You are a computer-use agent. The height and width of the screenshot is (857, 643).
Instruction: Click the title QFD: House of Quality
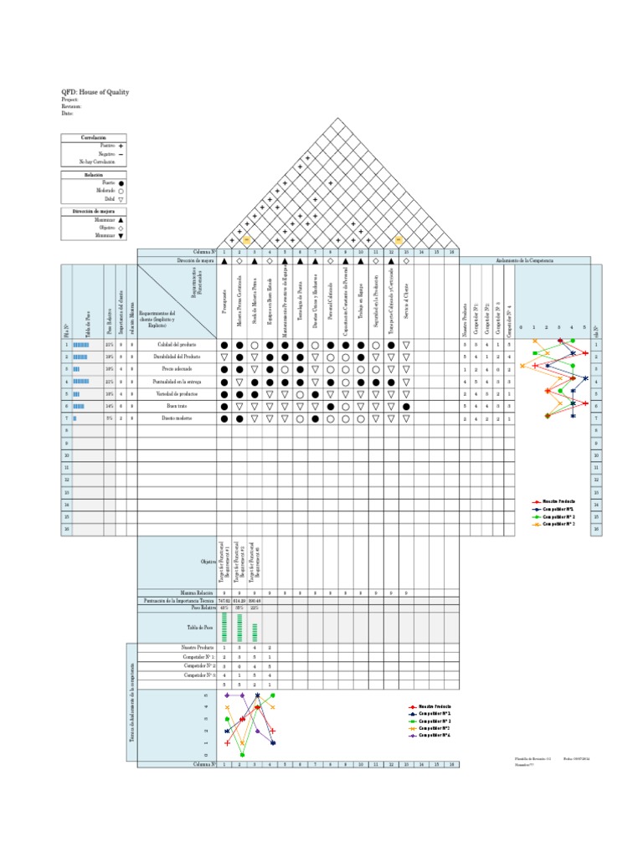tap(95, 92)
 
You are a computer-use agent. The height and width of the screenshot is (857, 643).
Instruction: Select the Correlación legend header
tap(94, 137)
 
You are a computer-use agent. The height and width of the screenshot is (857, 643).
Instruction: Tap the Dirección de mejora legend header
tap(94, 212)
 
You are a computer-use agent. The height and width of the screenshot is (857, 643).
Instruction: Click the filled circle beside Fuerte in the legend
tap(121, 182)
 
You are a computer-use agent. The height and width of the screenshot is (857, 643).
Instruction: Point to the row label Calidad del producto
tap(177, 345)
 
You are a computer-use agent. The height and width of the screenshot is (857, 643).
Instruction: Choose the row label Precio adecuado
tap(177, 369)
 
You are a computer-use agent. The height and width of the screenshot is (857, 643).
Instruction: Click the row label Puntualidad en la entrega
tap(177, 381)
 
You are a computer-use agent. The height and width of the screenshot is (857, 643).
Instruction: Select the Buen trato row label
tap(177, 405)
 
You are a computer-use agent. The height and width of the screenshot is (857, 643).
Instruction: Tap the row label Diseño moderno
tap(177, 418)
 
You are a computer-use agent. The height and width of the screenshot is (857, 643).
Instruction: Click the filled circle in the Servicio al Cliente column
tap(406, 406)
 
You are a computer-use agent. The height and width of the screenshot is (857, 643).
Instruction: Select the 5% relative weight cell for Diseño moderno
tap(110, 418)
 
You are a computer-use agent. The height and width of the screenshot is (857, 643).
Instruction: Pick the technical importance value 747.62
tap(224, 601)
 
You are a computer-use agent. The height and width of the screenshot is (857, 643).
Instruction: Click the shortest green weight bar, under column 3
tap(255, 632)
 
